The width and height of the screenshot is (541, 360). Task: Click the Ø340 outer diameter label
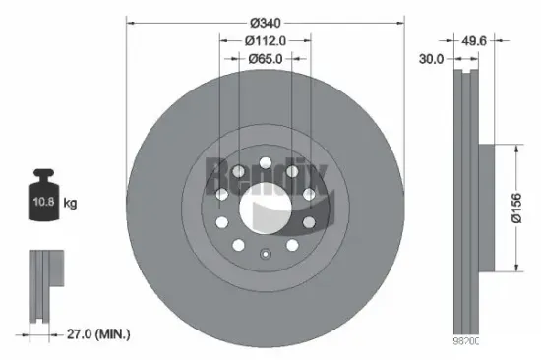266,22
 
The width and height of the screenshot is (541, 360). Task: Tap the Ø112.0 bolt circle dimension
266,40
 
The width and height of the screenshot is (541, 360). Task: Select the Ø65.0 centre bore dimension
266,58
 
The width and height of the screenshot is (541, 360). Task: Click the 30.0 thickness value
431,59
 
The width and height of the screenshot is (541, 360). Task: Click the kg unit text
71,204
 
